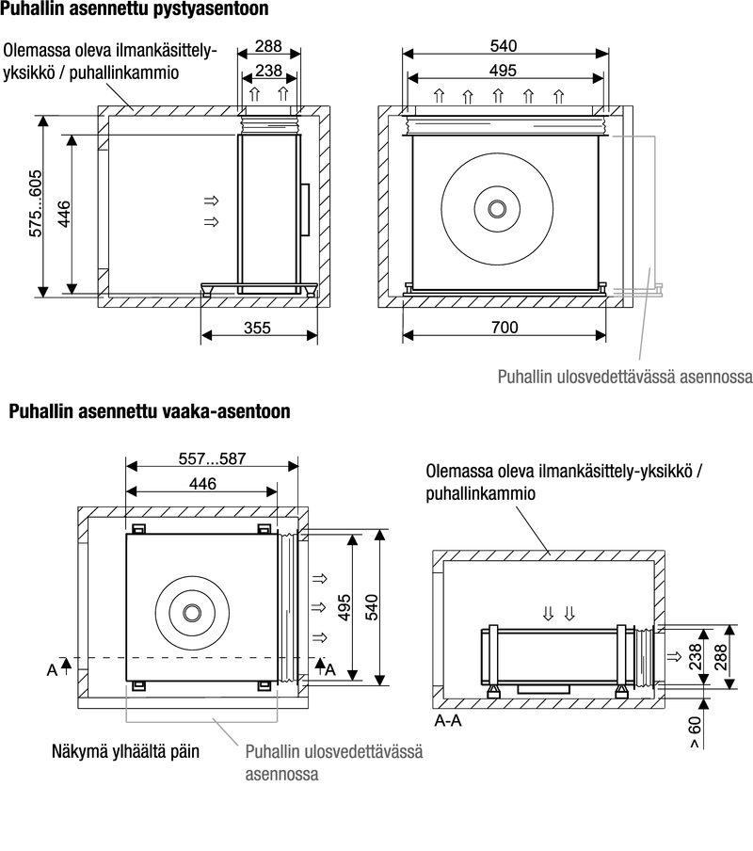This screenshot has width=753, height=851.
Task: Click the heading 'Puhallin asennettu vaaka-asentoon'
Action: coord(150,412)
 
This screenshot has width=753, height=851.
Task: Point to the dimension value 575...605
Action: coord(37,203)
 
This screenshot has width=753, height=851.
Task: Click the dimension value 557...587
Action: coord(212,460)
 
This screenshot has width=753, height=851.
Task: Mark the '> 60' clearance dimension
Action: coord(695,731)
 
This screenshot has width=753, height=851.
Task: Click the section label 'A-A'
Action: coord(449,723)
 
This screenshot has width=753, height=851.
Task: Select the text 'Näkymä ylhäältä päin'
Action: coord(125,752)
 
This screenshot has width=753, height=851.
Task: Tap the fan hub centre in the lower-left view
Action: coord(192,613)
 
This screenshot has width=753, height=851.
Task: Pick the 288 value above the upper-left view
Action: coord(268,46)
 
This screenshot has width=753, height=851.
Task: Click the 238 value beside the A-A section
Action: coord(697,655)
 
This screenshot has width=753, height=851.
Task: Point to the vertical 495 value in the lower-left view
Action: coord(344,607)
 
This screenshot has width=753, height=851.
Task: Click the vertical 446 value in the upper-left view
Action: coord(64,214)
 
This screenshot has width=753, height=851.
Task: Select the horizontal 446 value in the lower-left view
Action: coord(202,484)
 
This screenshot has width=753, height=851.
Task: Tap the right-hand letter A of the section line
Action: coord(329,669)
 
